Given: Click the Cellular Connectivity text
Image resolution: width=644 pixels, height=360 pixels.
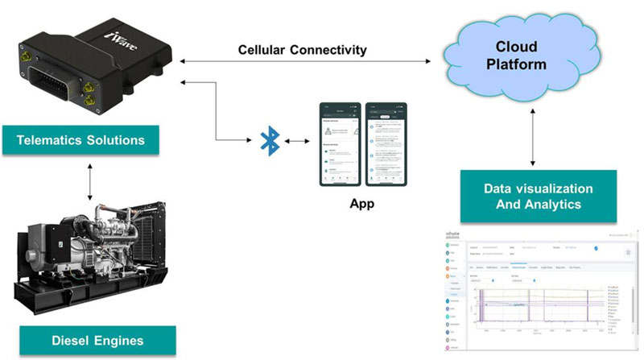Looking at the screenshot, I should [x=303, y=50].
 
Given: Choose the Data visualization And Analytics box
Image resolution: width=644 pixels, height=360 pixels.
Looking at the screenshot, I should [x=539, y=197].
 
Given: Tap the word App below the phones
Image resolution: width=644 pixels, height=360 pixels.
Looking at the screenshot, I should [x=361, y=204].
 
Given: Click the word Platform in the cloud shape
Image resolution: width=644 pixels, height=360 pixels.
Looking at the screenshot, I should [x=516, y=64].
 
